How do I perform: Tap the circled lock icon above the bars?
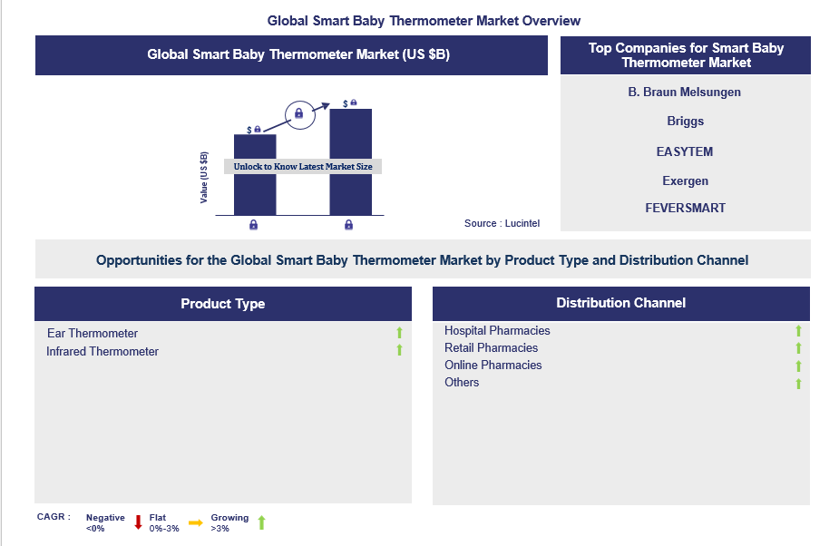[x=299, y=114]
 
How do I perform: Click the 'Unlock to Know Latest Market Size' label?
[x=303, y=167]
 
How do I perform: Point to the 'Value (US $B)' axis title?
[x=203, y=178]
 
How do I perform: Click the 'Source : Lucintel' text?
[x=502, y=223]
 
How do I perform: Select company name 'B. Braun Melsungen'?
[x=685, y=93]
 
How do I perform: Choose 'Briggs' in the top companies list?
[x=686, y=121]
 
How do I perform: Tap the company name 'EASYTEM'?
[x=685, y=151]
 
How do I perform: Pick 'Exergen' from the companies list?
[x=686, y=180]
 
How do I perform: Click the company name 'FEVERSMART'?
[x=686, y=208]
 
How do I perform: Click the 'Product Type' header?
[x=223, y=304]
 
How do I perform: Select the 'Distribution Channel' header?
[x=620, y=302]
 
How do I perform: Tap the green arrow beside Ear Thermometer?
[x=399, y=333]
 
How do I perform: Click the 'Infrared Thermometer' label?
[x=102, y=351]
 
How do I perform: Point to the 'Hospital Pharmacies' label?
[x=497, y=330]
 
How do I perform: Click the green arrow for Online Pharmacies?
[x=798, y=366]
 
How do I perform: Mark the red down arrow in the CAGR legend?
[x=138, y=522]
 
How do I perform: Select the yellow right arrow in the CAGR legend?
[x=196, y=522]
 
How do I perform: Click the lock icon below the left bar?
[x=254, y=225]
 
